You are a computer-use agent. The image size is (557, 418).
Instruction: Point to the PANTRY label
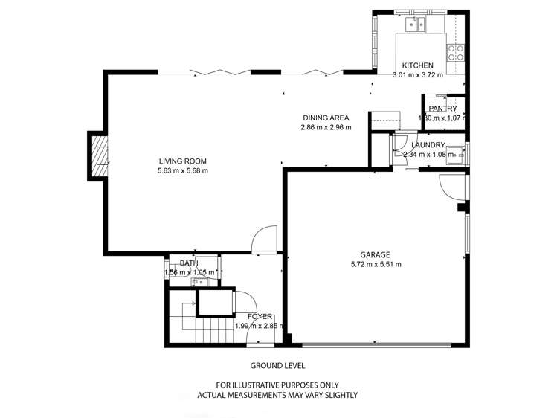[x=442, y=109]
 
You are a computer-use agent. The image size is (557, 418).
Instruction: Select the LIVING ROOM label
[x=182, y=161]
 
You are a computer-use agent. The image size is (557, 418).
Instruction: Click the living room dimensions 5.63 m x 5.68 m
[x=182, y=171]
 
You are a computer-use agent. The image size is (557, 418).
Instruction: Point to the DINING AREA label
[x=326, y=118]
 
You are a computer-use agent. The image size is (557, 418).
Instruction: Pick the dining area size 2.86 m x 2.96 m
[x=326, y=128]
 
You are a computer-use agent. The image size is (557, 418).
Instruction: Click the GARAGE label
[x=376, y=254]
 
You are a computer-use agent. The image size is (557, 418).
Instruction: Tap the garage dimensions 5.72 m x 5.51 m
[x=376, y=264]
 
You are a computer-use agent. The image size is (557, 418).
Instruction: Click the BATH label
[x=189, y=263]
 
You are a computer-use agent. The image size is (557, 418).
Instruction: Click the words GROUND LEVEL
[x=277, y=366]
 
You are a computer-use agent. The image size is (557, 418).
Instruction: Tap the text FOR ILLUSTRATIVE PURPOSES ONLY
[x=277, y=385]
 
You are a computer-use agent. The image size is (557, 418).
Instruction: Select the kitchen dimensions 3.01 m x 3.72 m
[x=417, y=75]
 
